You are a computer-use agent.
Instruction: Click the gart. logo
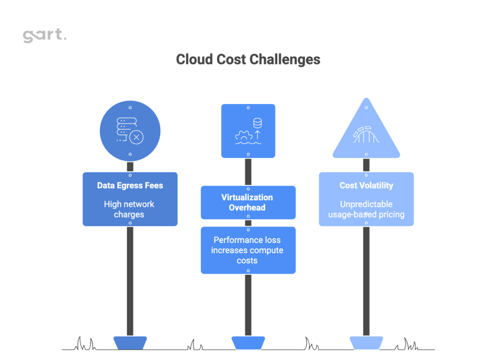coord(44,36)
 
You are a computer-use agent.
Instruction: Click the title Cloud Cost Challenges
coord(248,59)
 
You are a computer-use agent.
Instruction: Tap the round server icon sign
coord(130,131)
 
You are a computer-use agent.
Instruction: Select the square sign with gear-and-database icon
coord(248,131)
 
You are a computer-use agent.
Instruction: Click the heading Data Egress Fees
coord(130,185)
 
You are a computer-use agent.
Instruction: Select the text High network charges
coord(130,209)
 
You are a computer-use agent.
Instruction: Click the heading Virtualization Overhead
coord(247,202)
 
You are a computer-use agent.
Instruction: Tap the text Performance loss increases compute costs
coord(248,250)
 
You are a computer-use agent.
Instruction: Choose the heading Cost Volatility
coord(366,185)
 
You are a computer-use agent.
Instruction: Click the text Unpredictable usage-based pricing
coord(366,209)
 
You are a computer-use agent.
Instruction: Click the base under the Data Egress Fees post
coord(130,343)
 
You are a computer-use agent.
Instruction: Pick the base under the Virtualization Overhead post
coord(248,343)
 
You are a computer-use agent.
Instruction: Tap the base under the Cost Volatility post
coord(366,343)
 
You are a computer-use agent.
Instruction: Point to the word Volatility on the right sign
coord(376,185)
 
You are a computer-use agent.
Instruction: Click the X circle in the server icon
coord(136,137)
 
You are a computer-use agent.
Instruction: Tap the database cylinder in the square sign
coord(257,123)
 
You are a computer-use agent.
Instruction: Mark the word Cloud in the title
coord(191,59)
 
